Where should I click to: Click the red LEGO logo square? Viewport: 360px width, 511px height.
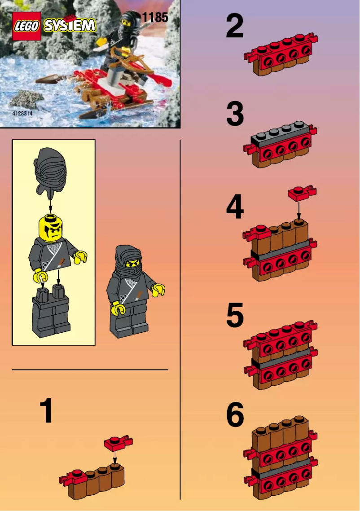[x=27, y=26]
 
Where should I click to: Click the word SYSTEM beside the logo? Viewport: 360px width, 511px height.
[x=70, y=25]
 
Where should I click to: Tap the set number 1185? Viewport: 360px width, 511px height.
[x=155, y=18]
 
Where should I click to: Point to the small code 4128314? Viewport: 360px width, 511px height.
[x=22, y=114]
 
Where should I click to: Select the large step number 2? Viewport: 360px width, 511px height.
[x=235, y=26]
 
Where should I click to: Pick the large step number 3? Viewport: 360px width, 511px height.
[x=235, y=115]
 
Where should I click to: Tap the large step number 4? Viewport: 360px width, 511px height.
[x=235, y=207]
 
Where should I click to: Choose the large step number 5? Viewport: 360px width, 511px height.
[x=235, y=315]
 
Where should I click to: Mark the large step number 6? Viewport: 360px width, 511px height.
[x=235, y=415]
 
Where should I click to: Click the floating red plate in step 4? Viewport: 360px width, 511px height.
[x=301, y=193]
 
